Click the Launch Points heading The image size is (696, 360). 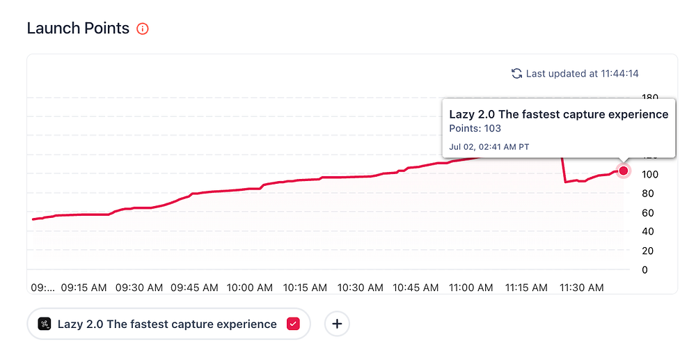78,29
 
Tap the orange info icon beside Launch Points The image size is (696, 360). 143,29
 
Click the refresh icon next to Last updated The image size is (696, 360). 516,73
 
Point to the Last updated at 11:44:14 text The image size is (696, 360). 582,73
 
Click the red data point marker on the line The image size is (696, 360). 624,171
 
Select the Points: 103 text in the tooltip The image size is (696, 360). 475,128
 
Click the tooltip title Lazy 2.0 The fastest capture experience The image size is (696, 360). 558,114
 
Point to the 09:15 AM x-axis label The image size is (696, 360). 85,287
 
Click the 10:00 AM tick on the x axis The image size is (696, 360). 250,287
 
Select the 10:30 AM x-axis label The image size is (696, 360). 360,287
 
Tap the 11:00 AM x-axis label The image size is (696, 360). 470,287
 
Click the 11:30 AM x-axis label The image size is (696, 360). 581,287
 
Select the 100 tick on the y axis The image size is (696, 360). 649,174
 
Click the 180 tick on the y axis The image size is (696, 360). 649,97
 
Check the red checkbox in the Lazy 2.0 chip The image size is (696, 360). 293,324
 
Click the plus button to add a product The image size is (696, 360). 337,324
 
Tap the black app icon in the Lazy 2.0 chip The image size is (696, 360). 45,324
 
